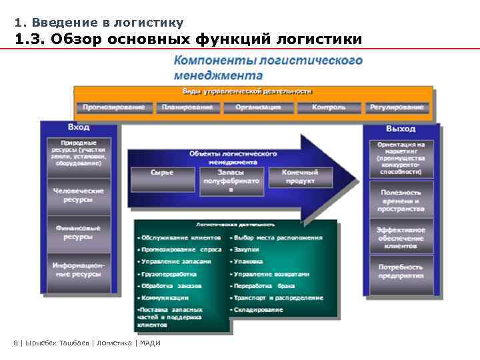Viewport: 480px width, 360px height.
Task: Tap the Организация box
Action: (257, 107)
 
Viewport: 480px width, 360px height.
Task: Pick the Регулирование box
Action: (398, 107)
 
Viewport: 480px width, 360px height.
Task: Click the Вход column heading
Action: (79, 127)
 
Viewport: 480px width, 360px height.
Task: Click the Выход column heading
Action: (400, 129)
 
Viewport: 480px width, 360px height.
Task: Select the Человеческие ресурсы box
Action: (79, 195)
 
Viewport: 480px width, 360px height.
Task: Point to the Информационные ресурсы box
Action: (79, 269)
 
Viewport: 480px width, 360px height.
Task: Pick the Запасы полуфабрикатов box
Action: (231, 180)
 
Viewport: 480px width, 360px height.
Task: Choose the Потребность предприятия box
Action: (401, 271)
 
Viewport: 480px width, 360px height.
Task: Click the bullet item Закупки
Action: (241, 249)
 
